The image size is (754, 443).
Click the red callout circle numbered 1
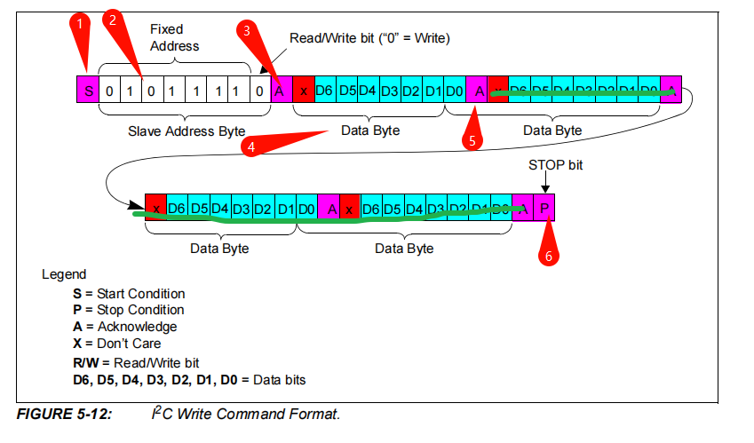[x=80, y=23]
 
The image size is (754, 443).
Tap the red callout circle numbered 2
[x=111, y=19]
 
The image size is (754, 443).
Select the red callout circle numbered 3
[x=248, y=29]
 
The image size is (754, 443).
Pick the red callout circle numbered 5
[x=472, y=139]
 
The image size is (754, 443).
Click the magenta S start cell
[x=87, y=91]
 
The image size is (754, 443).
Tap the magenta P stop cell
[x=545, y=208]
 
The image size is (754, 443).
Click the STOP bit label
[x=555, y=165]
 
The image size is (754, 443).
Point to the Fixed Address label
[x=174, y=37]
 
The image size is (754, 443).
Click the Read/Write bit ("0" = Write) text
[x=370, y=38]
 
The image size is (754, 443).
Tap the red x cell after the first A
[x=303, y=91]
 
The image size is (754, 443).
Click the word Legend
[x=64, y=274]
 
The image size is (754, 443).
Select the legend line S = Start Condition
[x=129, y=294]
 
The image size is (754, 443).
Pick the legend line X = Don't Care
[x=117, y=343]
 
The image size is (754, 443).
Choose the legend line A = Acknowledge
[x=124, y=327]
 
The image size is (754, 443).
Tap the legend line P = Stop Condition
[x=129, y=310]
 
